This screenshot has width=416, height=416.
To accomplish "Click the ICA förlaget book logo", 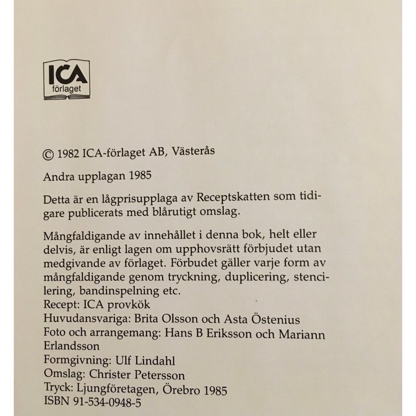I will (x=66, y=79).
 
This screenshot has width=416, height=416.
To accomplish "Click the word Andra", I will (x=56, y=177).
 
